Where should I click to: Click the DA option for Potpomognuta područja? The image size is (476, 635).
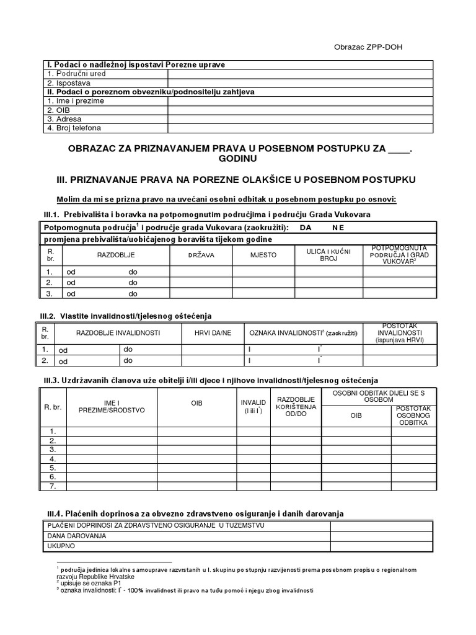[306, 228]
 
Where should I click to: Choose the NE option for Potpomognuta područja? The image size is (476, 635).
[338, 228]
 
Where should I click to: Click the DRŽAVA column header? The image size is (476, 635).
[201, 255]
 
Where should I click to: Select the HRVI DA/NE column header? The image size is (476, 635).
[213, 333]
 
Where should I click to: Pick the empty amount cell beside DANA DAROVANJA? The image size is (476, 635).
[381, 536]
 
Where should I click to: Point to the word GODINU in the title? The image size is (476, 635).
[238, 159]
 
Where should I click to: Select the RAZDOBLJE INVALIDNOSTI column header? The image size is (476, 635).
[118, 333]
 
